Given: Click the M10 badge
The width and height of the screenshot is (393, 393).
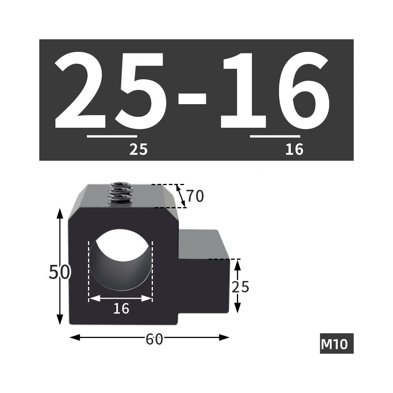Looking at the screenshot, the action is [x=336, y=343].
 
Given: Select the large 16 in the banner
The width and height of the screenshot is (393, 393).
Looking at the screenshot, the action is [x=275, y=90].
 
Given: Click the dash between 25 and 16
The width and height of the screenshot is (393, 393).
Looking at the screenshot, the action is [x=192, y=99].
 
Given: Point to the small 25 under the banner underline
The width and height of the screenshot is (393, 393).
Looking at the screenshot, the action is [x=139, y=149].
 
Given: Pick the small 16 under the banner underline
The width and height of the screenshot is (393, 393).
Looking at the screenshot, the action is [x=294, y=149].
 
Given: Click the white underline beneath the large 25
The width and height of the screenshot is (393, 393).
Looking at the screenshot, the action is [x=112, y=136].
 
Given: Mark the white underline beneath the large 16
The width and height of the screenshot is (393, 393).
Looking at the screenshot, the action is [x=275, y=136].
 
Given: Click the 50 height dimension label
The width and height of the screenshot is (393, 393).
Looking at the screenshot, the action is [x=60, y=272].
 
